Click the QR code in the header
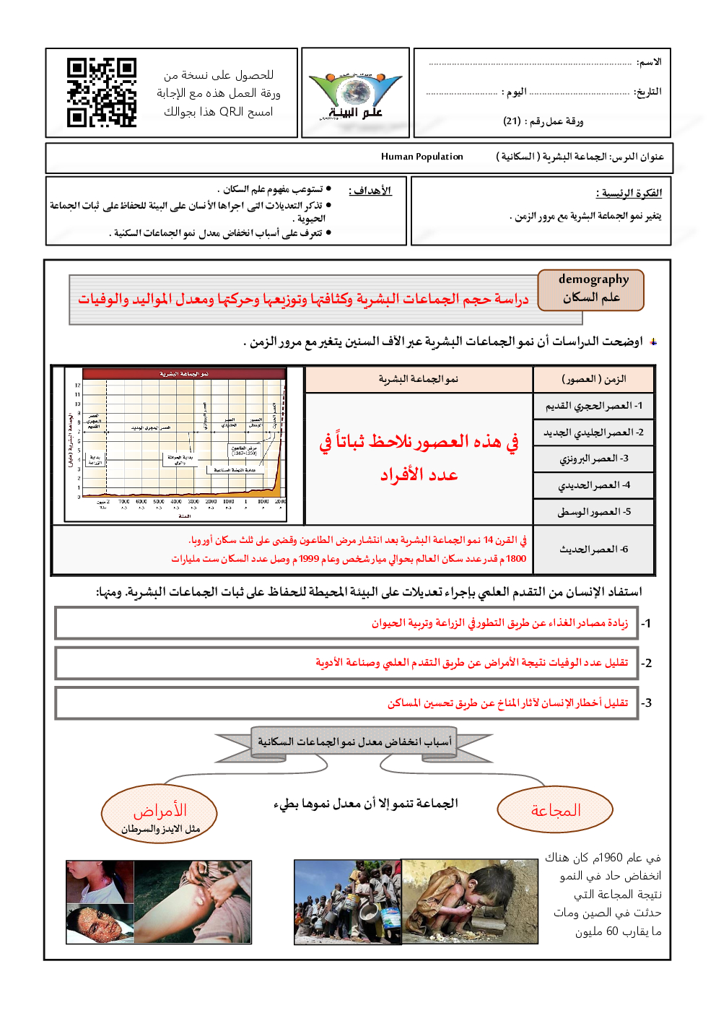[102, 92]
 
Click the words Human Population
[422, 157]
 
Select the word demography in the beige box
[593, 279]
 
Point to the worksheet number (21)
[512, 121]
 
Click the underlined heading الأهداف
[370, 191]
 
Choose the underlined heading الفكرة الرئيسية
[629, 193]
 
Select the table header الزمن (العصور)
[593, 379]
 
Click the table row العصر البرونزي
[593, 458]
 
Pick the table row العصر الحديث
[593, 549]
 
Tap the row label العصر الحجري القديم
[593, 406]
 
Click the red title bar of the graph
[184, 374]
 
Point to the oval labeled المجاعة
[555, 810]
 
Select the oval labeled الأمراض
[160, 814]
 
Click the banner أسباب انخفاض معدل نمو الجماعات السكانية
[354, 742]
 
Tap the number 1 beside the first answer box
[647, 624]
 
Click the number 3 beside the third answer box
[647, 703]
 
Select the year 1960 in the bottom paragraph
[611, 858]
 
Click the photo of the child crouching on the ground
[469, 901]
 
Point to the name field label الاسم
[649, 62]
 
